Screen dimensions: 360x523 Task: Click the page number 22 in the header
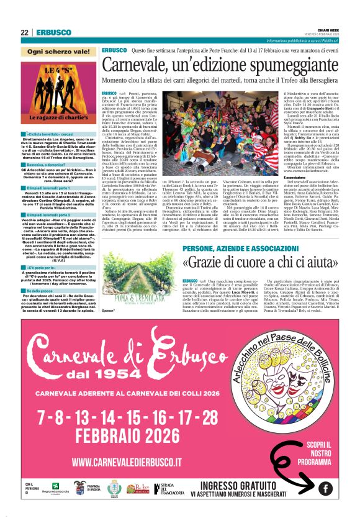pyautogui.click(x=24, y=32)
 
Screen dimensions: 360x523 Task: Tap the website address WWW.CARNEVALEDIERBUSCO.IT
pyautogui.click(x=127, y=462)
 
